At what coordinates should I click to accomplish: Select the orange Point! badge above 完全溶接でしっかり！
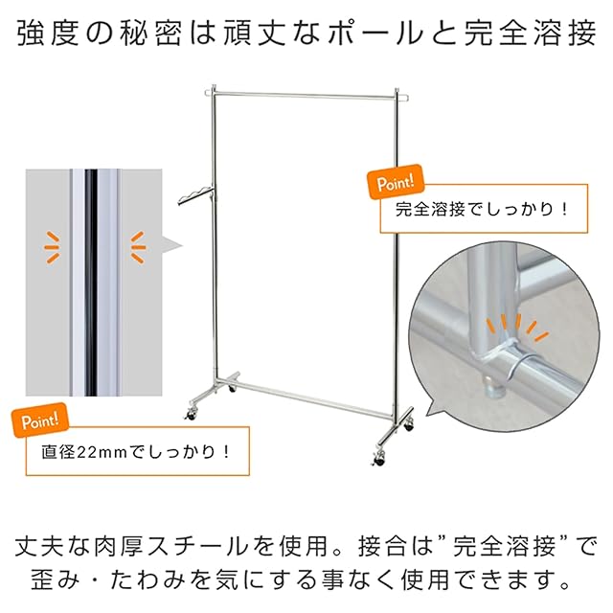393,181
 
